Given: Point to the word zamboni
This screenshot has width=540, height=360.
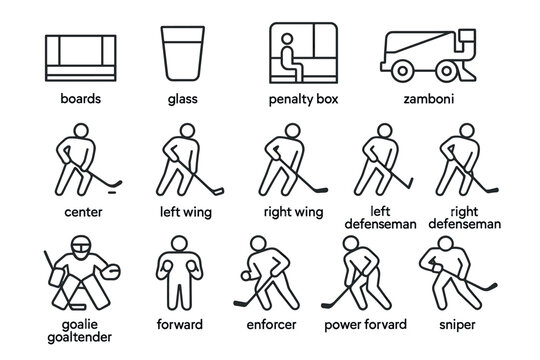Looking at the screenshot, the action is pos(430,101).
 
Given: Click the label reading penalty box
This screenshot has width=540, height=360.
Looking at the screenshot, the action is pos(306,101).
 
